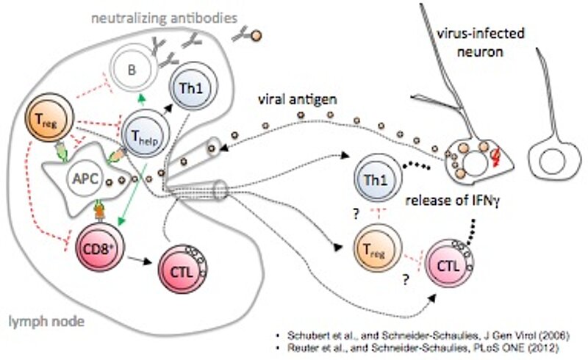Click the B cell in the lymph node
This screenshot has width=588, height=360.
(133, 71)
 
